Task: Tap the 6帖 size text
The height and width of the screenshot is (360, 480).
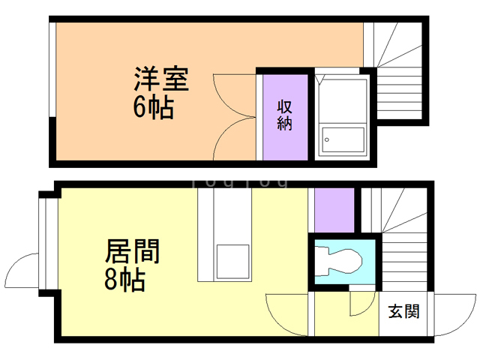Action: [153, 109]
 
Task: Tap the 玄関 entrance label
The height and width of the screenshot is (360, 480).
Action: [403, 311]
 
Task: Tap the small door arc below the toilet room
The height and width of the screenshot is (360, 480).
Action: [363, 303]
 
